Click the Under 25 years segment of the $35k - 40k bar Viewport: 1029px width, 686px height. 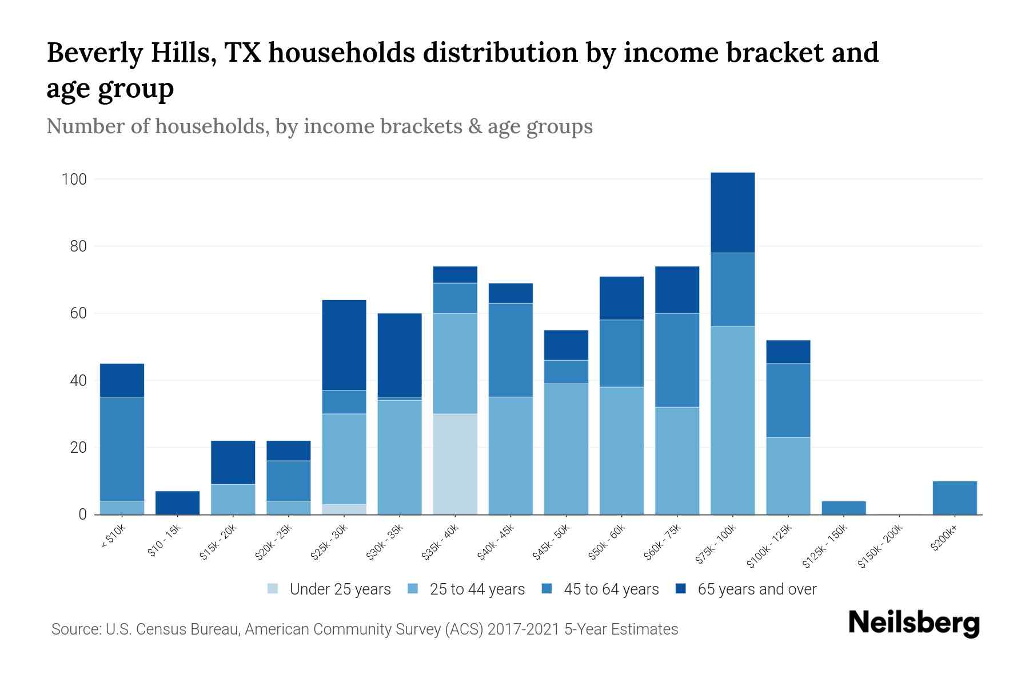tap(455, 464)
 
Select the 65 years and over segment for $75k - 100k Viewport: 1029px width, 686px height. tap(732, 212)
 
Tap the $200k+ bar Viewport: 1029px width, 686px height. tap(955, 498)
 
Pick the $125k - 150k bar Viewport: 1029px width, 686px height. tap(843, 508)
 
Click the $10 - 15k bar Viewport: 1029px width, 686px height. tap(177, 502)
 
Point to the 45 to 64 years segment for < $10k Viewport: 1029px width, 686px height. tap(122, 449)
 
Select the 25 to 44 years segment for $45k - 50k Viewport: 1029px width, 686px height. tap(566, 449)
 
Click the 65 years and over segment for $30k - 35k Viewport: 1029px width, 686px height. tap(400, 355)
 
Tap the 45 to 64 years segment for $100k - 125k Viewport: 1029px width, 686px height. tap(788, 400)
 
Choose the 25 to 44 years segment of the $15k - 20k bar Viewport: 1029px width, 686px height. tap(233, 499)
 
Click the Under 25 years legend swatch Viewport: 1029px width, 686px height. tap(273, 589)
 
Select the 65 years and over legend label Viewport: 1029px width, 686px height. tap(757, 589)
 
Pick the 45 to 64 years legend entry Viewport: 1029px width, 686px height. tap(611, 589)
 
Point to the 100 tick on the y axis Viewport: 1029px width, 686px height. tap(74, 180)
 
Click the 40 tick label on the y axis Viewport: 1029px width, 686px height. tap(78, 381)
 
